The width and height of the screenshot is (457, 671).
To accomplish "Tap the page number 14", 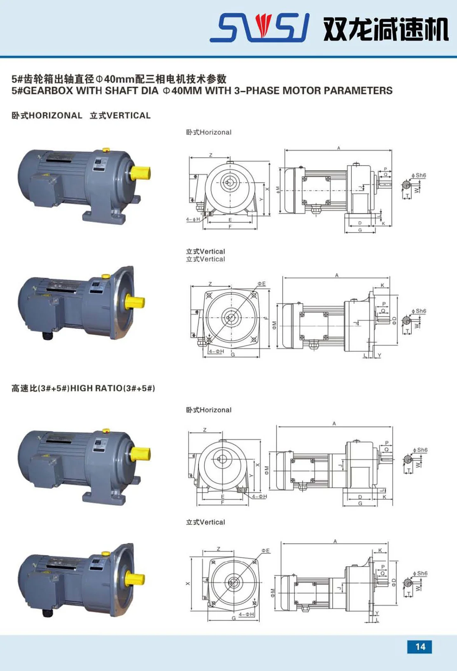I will pos(420,646).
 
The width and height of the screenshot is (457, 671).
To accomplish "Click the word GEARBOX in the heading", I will pos(48,91).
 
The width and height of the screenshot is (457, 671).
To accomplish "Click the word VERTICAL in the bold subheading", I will pos(128,115).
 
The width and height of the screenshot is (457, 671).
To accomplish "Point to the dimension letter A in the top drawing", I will pos(338,148).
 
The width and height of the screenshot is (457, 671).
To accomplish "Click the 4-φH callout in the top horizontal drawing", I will pos(193,219).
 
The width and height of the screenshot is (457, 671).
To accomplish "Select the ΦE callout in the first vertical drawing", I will pos(261,284).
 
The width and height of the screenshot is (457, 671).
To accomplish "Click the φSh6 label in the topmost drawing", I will pos(419,175).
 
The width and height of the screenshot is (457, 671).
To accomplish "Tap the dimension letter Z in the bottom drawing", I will pos(218,549).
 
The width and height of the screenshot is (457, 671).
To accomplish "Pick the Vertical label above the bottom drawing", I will pos(205,522).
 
